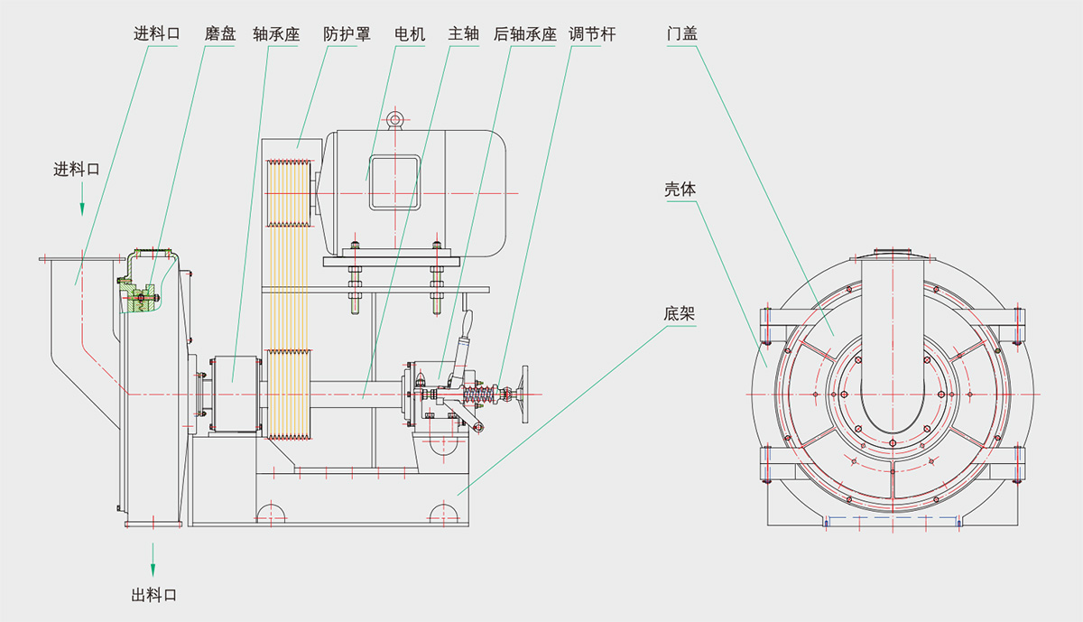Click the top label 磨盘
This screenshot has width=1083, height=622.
tap(220, 34)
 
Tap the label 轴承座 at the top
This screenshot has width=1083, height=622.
tap(276, 34)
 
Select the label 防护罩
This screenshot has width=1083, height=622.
tap(347, 34)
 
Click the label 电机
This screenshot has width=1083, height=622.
tap(410, 34)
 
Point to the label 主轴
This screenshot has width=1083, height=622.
tap(463, 34)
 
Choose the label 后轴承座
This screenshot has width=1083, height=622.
tap(525, 34)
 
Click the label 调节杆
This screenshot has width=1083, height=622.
tap(592, 34)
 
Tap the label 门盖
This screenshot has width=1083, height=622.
tap(682, 33)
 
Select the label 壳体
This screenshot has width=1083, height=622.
tap(680, 189)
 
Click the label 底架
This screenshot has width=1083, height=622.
tap(679, 314)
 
